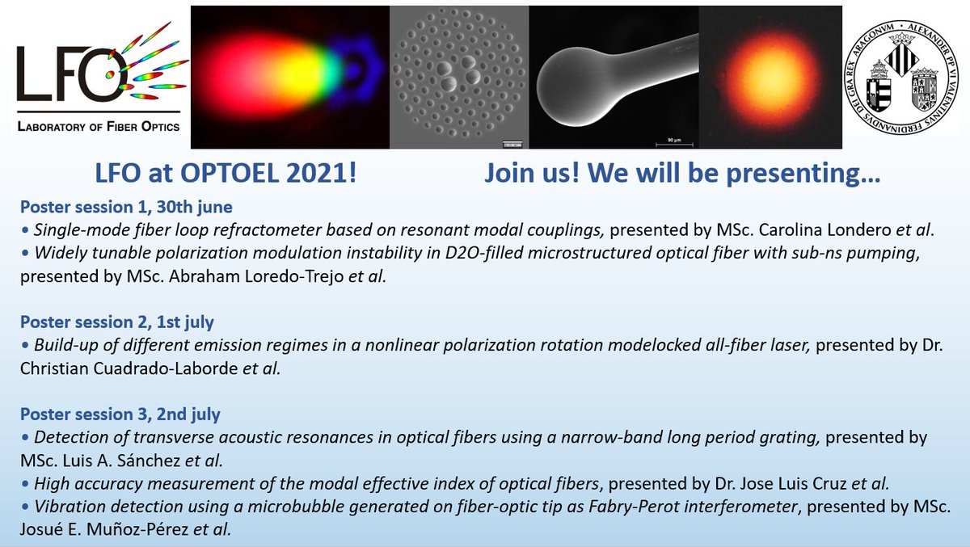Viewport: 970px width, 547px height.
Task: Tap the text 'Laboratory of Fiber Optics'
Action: pyautogui.click(x=99, y=126)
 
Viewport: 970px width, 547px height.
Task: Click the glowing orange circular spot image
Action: pyautogui.click(x=770, y=78)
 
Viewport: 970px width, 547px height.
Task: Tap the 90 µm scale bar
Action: pyautogui.click(x=674, y=143)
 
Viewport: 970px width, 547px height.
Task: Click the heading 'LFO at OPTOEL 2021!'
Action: pyautogui.click(x=226, y=173)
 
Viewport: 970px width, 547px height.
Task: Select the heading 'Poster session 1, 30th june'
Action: pyautogui.click(x=126, y=207)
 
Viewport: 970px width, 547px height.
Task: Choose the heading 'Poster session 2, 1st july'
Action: pyautogui.click(x=117, y=322)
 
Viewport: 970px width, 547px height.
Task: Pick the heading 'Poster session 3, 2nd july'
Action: pyautogui.click(x=120, y=414)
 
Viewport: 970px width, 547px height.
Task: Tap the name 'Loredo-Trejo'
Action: pyautogui.click(x=294, y=276)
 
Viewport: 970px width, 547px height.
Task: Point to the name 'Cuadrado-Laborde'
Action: pyautogui.click(x=166, y=368)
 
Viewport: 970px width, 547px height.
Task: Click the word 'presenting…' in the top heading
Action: pyautogui.click(x=803, y=174)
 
